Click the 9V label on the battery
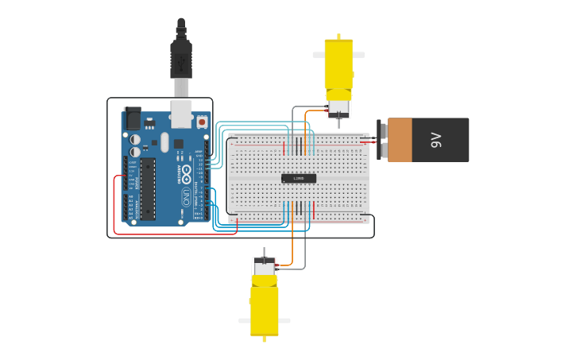(436, 140)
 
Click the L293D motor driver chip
(299, 178)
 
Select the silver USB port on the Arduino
(181, 114)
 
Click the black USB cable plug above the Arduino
(181, 59)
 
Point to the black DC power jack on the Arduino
(132, 118)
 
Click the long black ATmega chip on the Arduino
(148, 188)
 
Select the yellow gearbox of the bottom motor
(265, 309)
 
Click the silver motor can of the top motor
(339, 107)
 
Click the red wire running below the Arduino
(175, 234)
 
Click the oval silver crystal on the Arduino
(164, 141)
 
